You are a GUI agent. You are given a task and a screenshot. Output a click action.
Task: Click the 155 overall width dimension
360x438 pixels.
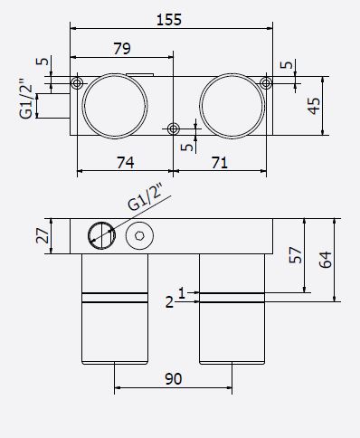[169, 20]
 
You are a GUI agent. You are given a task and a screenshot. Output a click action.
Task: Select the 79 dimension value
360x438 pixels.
[122, 48]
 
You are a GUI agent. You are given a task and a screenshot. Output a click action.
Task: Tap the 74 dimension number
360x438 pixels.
[126, 163]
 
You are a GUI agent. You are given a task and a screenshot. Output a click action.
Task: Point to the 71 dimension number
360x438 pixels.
[220, 163]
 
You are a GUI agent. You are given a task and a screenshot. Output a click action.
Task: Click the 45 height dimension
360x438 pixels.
[314, 106]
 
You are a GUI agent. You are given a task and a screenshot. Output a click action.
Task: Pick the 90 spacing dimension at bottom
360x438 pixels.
[174, 379]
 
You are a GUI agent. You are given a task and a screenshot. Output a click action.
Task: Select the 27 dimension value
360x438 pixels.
[43, 236]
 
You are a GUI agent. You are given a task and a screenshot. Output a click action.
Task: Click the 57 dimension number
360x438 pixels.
[296, 255]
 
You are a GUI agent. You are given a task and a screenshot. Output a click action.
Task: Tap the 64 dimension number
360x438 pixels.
[326, 260]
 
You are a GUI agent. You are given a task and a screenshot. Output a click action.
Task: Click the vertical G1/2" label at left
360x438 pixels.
[26, 99]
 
